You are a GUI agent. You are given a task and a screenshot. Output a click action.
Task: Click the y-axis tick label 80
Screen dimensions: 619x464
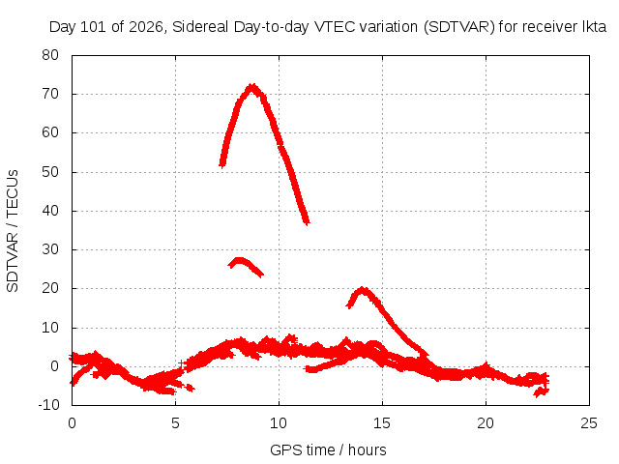tap(50, 55)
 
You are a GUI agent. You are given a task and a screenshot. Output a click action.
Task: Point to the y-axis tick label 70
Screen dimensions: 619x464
tap(50, 94)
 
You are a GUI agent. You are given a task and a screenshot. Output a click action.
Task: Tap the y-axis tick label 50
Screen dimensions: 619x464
tap(50, 172)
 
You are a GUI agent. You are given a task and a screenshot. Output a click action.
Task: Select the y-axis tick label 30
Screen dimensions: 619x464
tap(50, 249)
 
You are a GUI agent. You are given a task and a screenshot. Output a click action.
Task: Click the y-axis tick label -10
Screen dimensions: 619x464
tap(48, 405)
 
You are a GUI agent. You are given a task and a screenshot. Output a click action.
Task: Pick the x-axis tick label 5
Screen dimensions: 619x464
tap(175, 423)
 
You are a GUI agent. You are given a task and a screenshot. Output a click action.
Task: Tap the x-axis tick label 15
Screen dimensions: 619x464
tap(382, 423)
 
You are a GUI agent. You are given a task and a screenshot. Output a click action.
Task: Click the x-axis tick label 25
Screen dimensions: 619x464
tap(589, 423)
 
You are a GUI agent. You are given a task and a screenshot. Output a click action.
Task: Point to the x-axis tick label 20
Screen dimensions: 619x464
tap(486, 423)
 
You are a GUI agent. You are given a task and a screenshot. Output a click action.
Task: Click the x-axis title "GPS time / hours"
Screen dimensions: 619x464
tap(328, 450)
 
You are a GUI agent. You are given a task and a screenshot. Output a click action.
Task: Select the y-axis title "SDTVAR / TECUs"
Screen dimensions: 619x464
tap(13, 231)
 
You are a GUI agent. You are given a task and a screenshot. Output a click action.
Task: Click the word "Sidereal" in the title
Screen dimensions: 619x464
tap(200, 27)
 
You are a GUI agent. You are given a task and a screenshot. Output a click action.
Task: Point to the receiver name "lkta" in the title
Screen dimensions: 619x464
tap(594, 27)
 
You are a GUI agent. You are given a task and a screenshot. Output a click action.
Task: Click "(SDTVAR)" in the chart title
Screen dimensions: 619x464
tap(458, 27)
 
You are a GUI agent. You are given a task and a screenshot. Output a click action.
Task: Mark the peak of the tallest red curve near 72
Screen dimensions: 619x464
tap(251, 86)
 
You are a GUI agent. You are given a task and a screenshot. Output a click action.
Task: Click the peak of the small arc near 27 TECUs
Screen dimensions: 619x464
tap(239, 259)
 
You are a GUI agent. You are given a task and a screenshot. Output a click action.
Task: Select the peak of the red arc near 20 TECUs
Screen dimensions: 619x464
tap(363, 289)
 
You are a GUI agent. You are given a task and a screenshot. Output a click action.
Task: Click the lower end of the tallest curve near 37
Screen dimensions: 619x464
tap(307, 223)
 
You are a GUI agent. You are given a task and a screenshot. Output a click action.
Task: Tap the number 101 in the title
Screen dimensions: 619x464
tap(93, 27)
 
